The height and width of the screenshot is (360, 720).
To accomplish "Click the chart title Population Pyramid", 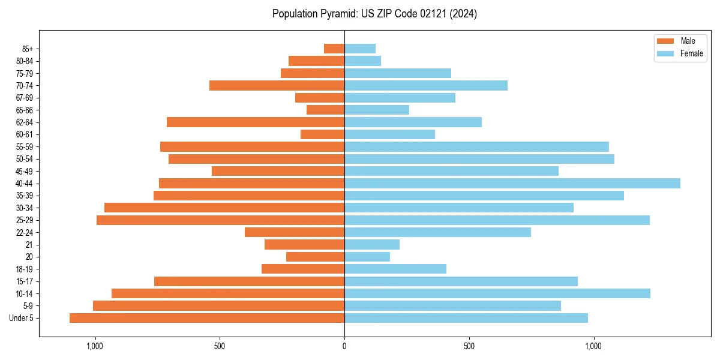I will click(x=374, y=14).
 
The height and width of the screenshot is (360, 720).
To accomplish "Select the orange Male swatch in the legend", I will click(x=665, y=41).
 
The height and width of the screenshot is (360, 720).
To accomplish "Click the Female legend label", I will click(x=691, y=53).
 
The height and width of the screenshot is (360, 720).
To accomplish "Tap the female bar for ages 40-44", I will click(x=512, y=183).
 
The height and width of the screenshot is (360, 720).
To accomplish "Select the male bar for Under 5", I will click(x=207, y=318).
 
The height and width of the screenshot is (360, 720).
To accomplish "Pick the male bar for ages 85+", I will click(x=334, y=49).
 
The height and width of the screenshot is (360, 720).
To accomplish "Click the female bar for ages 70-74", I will click(x=426, y=85).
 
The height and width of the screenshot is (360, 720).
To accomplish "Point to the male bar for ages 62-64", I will click(x=256, y=122).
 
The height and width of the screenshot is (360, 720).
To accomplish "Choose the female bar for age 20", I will click(x=367, y=257).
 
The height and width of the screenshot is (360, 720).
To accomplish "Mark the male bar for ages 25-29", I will click(x=220, y=220).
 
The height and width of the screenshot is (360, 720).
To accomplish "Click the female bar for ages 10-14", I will click(x=497, y=293).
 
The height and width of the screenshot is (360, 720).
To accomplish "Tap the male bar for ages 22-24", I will click(x=295, y=232).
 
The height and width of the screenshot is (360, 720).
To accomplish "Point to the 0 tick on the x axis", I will click(x=344, y=346).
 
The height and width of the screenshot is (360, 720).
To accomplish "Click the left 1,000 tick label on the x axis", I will click(x=95, y=346).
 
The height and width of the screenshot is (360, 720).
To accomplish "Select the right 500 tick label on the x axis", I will click(x=469, y=346).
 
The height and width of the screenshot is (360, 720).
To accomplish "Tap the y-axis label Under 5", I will click(x=22, y=318).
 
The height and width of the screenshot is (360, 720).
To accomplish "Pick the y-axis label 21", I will click(x=29, y=245).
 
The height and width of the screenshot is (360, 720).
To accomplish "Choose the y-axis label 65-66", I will click(x=25, y=110).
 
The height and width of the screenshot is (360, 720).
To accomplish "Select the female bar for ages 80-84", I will click(x=362, y=61).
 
